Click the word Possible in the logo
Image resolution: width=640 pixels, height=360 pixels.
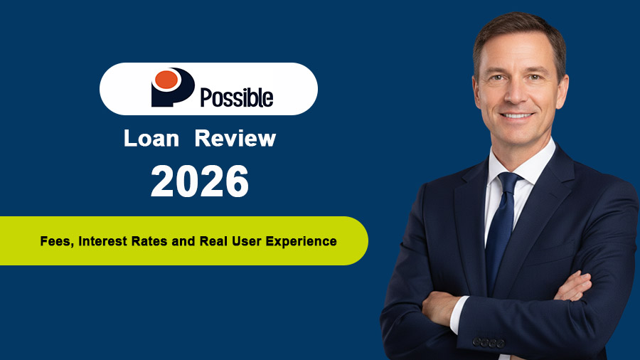[x=236, y=96]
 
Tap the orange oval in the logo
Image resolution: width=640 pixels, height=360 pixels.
[x=166, y=80]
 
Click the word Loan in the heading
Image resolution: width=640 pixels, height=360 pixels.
[x=151, y=138]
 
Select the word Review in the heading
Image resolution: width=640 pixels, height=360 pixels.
[x=235, y=138]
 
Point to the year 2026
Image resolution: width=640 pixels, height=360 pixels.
[x=200, y=181]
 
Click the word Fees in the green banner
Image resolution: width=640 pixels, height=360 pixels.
[x=54, y=241]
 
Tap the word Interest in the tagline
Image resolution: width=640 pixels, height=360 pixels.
[x=105, y=241]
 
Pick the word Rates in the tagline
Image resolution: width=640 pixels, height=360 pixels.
[x=153, y=241]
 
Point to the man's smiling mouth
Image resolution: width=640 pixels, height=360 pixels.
[x=517, y=116]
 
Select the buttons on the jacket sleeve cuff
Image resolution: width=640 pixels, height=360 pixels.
[x=489, y=342]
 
